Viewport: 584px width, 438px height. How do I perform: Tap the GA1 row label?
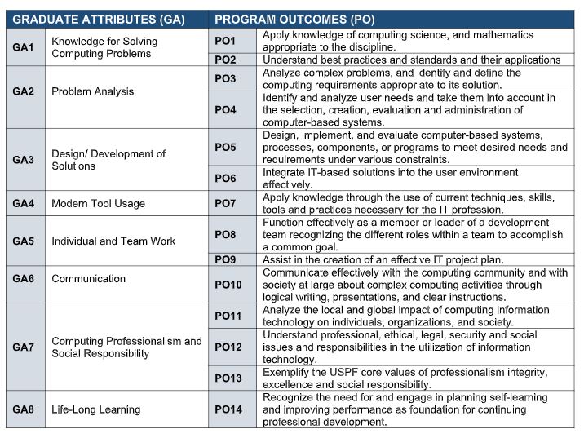click(x=23, y=48)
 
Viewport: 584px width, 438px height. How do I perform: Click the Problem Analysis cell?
click(x=92, y=91)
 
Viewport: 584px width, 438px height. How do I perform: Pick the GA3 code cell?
click(x=23, y=160)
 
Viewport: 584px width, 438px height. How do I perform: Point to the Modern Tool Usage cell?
click(x=98, y=203)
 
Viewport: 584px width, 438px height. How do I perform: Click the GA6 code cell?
click(x=23, y=279)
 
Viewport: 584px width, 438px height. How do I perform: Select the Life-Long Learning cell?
click(x=95, y=409)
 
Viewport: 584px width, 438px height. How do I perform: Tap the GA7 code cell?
click(x=23, y=347)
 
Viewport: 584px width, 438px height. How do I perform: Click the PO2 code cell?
click(x=225, y=60)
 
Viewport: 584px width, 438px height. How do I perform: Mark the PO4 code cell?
click(x=225, y=110)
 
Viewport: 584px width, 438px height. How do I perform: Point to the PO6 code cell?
click(x=225, y=179)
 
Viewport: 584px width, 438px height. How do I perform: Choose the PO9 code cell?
click(x=225, y=259)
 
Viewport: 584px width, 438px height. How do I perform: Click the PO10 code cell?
click(x=228, y=285)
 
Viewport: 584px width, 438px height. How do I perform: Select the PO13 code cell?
click(x=228, y=378)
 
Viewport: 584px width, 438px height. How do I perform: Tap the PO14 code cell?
click(x=228, y=409)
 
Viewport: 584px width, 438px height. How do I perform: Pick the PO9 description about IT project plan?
click(x=383, y=259)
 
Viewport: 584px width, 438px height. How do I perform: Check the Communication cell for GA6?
click(x=88, y=279)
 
